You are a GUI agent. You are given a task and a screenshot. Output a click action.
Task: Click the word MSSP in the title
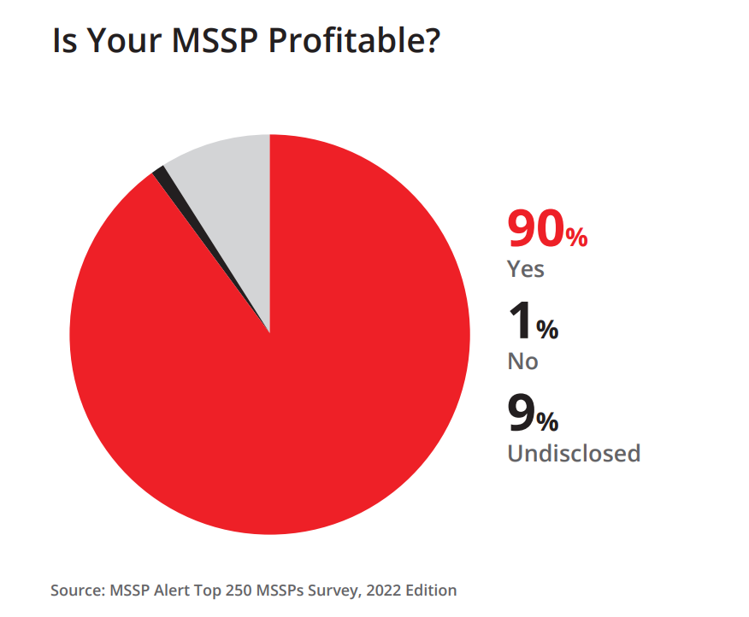(215, 40)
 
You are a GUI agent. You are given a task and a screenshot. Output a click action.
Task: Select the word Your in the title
(125, 40)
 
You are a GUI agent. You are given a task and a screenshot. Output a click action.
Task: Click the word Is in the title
(64, 40)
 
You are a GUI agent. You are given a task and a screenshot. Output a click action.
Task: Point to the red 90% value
(547, 229)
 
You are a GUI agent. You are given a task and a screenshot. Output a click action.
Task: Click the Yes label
(526, 269)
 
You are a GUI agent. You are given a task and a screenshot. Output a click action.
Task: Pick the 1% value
(534, 321)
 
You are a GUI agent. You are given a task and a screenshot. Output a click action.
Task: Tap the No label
(522, 361)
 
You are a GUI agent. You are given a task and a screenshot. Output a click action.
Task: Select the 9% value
(533, 413)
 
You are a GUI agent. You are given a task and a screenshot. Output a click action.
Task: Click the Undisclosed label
(574, 453)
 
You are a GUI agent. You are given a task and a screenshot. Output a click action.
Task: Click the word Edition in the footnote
(431, 591)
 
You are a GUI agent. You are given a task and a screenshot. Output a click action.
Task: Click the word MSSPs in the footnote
(280, 591)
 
